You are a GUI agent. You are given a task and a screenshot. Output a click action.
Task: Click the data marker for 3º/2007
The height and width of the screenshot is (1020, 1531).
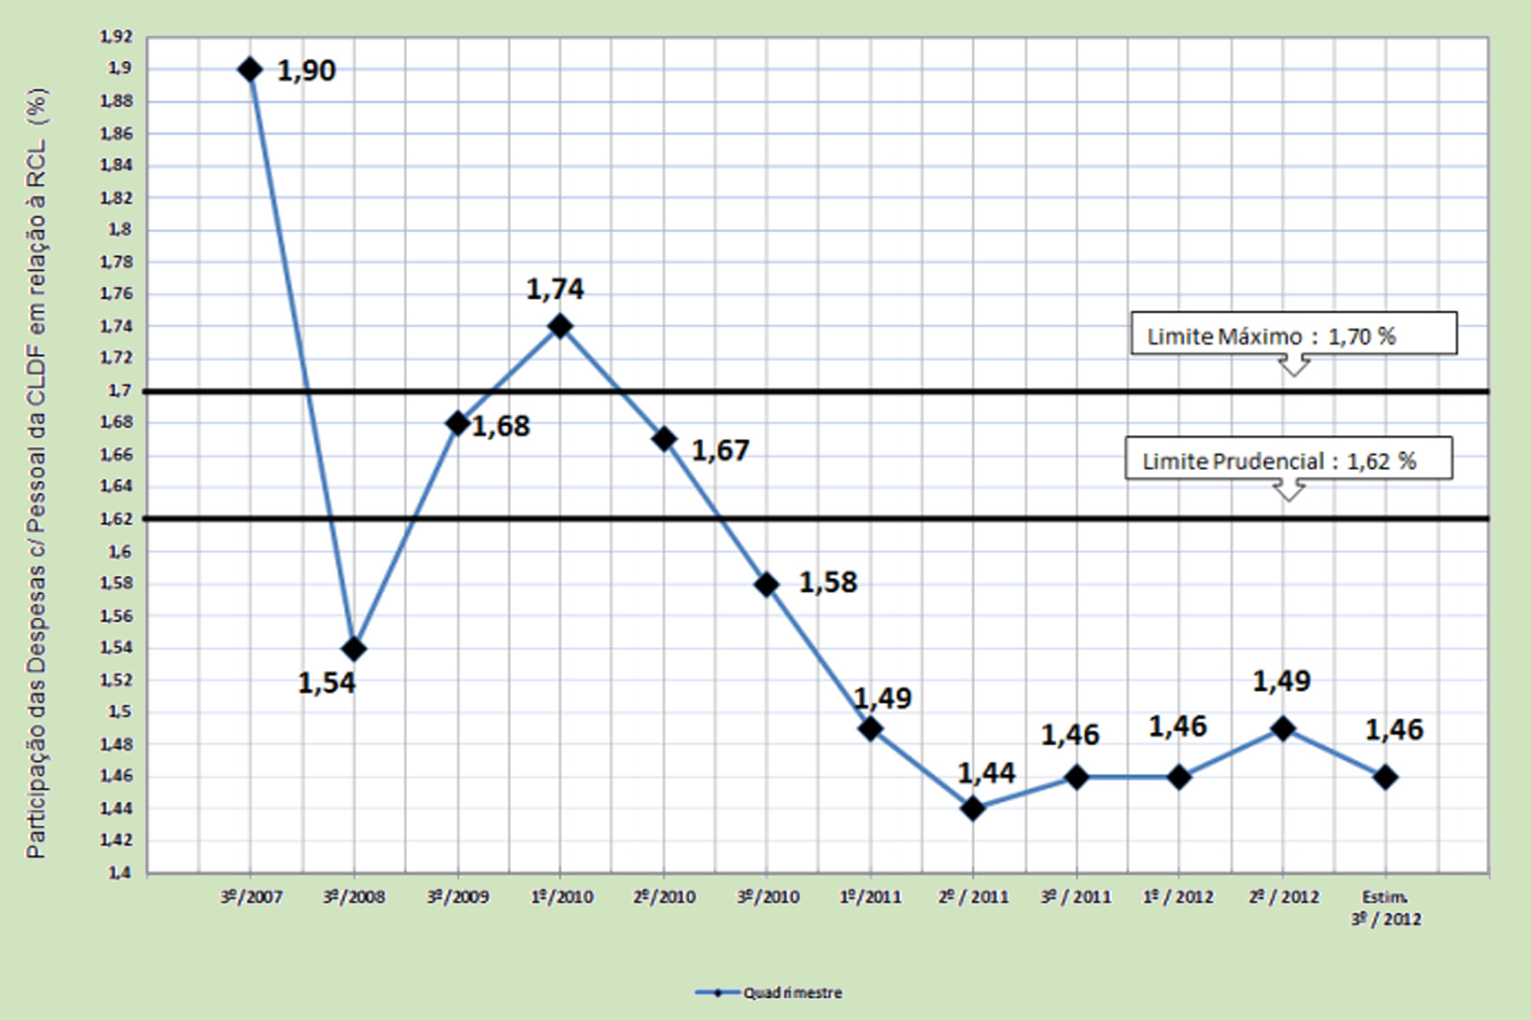(251, 69)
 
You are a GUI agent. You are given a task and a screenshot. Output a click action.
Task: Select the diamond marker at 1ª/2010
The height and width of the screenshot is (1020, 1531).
(560, 326)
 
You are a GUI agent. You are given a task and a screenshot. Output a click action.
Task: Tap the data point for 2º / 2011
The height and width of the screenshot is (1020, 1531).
(973, 809)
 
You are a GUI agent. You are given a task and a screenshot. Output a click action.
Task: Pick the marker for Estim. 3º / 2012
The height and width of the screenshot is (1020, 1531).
(1385, 777)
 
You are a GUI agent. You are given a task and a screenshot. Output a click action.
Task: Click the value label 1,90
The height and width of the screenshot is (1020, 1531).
(306, 71)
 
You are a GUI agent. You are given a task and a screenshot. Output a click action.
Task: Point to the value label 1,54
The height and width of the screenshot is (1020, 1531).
(327, 683)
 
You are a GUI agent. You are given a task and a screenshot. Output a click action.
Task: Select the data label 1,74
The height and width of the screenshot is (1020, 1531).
(555, 289)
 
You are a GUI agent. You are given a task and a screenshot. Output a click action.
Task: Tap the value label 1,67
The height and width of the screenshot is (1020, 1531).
(721, 451)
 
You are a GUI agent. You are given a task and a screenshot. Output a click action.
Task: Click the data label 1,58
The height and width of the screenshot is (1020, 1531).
(828, 583)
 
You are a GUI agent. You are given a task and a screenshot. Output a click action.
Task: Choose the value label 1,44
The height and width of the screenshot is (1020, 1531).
(986, 773)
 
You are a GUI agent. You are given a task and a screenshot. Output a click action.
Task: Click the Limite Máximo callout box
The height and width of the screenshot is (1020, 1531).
(1293, 334)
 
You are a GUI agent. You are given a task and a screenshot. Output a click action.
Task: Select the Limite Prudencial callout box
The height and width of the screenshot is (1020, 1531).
(1288, 459)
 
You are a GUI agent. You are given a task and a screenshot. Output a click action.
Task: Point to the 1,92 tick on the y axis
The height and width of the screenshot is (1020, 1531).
(117, 36)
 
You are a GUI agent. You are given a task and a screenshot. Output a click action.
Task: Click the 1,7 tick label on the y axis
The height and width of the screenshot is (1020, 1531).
(120, 390)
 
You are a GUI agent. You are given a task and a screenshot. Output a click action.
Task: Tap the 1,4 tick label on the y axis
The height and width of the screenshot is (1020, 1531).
(120, 872)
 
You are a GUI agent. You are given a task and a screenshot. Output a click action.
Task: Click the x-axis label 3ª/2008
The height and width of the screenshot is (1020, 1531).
(354, 897)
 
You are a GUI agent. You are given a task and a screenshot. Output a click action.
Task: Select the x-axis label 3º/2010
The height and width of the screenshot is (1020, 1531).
(768, 897)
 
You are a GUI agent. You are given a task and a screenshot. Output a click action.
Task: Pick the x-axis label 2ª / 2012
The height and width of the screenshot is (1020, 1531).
(1284, 897)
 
